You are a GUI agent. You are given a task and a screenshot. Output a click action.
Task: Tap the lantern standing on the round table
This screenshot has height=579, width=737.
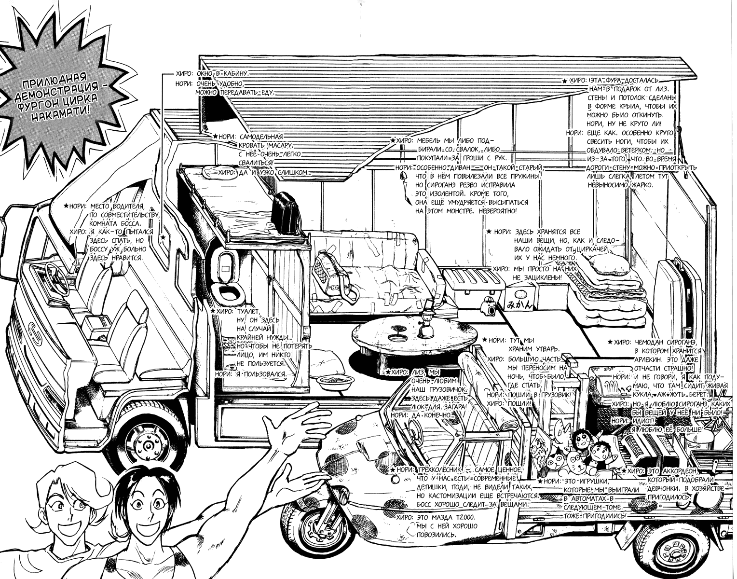coord(427,325)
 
